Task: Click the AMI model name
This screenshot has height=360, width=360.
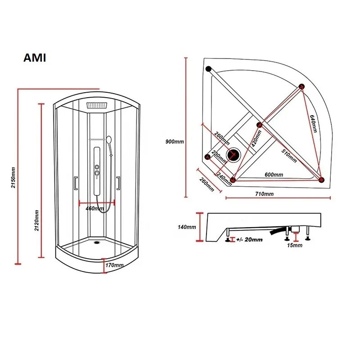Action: pos(35,58)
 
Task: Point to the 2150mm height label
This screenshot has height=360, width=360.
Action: pos(13,177)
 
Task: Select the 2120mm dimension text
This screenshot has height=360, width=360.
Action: pos(37,220)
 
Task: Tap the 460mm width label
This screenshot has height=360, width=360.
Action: pos(94,208)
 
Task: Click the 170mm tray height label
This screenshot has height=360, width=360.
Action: pos(114,265)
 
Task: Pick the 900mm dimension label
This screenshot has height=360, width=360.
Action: pos(175,141)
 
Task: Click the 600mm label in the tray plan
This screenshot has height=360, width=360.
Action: pos(274,175)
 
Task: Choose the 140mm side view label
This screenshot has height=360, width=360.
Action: pos(187,227)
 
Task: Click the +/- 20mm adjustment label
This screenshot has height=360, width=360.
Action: pos(249,240)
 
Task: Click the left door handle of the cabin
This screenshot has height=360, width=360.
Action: pos(76,183)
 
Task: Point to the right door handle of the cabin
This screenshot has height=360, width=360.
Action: pos(118,183)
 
